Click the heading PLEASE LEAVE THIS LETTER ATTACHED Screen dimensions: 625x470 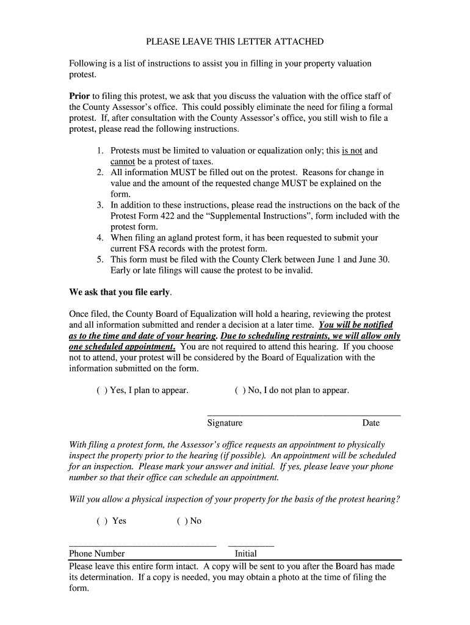(x=234, y=42)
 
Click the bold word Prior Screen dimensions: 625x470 (x=79, y=96)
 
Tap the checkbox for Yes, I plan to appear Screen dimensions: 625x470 (x=101, y=391)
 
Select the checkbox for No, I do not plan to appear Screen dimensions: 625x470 (x=239, y=391)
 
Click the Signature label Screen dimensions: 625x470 (x=225, y=423)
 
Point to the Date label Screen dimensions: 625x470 (x=371, y=423)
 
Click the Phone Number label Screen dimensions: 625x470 (x=97, y=554)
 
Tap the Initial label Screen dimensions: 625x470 (x=246, y=554)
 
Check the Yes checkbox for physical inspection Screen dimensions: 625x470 (x=101, y=521)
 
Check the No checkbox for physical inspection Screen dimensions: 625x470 (x=182, y=521)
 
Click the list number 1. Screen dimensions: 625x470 (x=99, y=150)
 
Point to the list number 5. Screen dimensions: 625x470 (x=99, y=259)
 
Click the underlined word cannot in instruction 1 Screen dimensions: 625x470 (x=122, y=162)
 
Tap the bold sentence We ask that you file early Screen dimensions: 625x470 (x=120, y=292)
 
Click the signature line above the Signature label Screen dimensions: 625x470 (x=304, y=415)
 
